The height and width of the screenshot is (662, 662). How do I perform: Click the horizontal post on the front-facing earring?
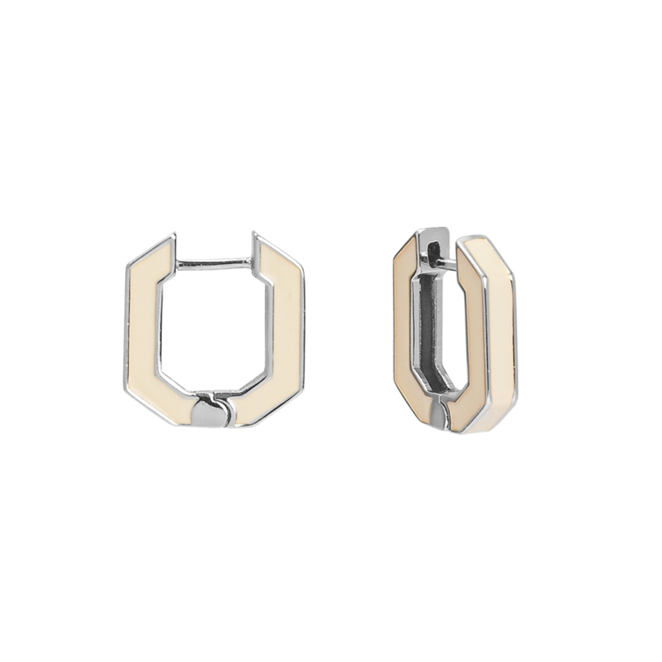click(214, 263)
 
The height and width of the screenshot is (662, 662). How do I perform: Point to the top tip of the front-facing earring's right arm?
click(255, 237)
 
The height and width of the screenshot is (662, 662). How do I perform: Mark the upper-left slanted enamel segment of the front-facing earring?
click(152, 260)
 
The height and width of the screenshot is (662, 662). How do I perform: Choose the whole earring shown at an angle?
click(455, 331)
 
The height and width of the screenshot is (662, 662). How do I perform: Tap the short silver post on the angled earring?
click(446, 262)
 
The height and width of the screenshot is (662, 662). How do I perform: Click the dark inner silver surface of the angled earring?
click(430, 335)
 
